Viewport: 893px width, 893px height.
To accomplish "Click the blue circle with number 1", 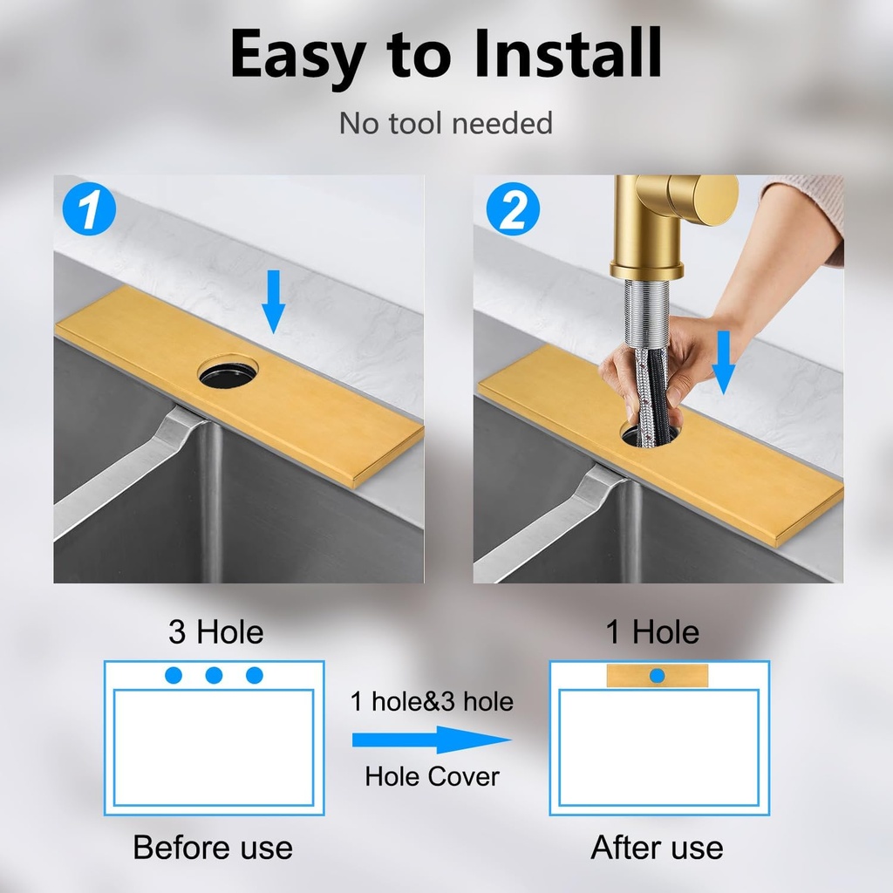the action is tap(89, 209).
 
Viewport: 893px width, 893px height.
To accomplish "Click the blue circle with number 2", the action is tap(513, 209).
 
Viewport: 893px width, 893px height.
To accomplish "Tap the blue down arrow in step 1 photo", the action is tap(273, 301).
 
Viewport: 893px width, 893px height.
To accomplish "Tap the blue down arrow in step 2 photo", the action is tap(724, 363).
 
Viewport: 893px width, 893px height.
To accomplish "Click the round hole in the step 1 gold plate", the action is tap(228, 372).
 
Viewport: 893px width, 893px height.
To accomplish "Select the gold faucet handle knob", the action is tap(704, 201).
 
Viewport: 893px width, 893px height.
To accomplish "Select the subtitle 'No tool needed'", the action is tap(446, 123).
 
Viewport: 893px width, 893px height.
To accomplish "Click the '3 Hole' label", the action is tap(216, 632).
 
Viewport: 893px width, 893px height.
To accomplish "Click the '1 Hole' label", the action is tap(652, 632).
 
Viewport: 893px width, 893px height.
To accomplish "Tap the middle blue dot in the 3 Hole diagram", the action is tap(215, 676).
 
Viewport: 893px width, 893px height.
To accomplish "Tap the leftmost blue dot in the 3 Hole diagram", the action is tap(174, 676).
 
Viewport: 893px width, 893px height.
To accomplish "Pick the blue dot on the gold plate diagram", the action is tap(658, 676).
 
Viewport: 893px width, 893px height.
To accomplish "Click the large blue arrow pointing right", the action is tap(432, 740).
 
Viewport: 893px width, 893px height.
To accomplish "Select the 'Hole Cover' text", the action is tap(433, 776).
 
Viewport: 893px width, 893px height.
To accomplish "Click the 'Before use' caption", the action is tap(213, 848).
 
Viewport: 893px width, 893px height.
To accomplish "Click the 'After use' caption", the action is tap(658, 848).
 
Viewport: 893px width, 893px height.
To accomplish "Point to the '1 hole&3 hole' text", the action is tap(432, 701).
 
